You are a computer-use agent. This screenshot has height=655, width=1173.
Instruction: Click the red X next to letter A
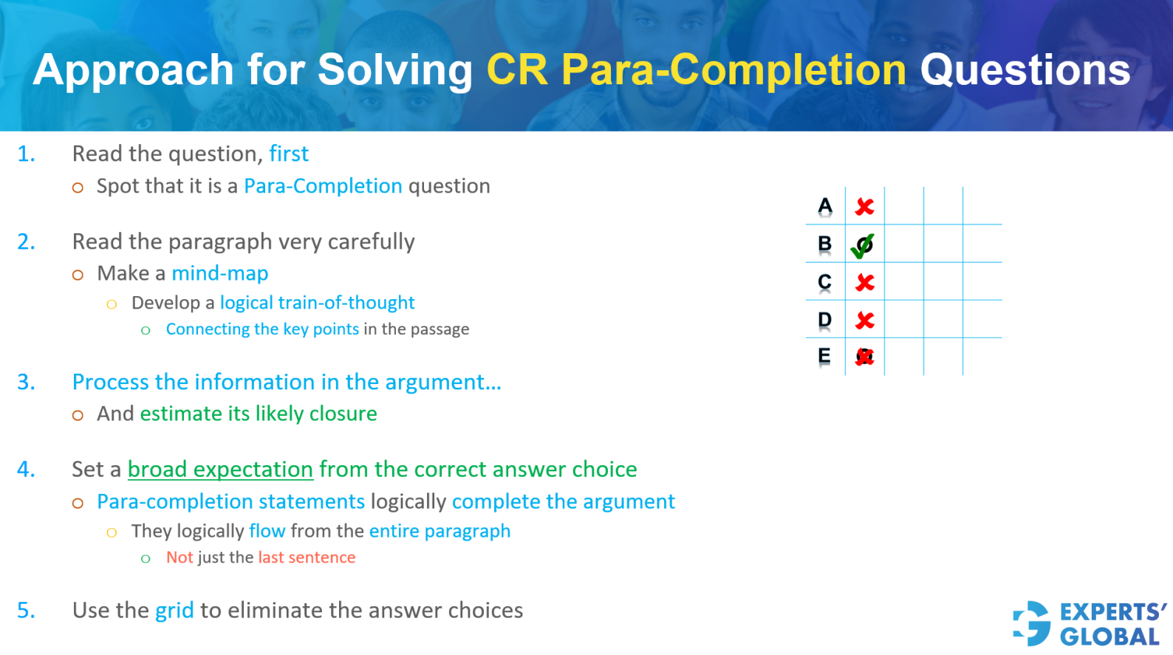(x=864, y=207)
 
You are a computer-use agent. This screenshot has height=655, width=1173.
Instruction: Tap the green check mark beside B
(x=862, y=245)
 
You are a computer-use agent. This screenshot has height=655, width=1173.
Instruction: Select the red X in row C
(x=864, y=283)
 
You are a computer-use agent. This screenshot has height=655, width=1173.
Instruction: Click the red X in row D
(x=864, y=320)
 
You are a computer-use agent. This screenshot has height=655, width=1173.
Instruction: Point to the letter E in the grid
(x=824, y=356)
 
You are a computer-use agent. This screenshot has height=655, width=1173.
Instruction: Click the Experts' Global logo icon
(x=1032, y=623)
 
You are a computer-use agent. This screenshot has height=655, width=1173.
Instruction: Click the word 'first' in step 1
(x=288, y=154)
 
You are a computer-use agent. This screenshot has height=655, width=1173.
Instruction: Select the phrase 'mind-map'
(x=219, y=273)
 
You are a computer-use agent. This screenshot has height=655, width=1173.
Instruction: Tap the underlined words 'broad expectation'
(x=220, y=469)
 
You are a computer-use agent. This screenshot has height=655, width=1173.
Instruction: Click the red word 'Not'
(x=179, y=558)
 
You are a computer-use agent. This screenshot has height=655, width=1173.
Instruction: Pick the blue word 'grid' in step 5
(x=174, y=610)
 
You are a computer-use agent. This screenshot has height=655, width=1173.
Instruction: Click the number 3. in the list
(x=26, y=382)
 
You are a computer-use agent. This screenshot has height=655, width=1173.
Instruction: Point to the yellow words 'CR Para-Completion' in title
(x=696, y=70)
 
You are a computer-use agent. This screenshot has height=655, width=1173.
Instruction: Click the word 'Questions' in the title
(x=1025, y=70)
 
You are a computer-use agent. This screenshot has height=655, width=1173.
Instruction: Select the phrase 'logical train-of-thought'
(x=317, y=303)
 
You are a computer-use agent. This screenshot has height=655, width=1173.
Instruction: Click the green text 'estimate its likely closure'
(x=259, y=414)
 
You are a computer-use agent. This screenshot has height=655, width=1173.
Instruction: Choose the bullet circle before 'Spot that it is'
(x=78, y=188)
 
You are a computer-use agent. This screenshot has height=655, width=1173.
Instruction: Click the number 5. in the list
(x=26, y=610)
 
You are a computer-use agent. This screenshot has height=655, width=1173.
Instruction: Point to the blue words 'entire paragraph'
(x=440, y=531)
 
